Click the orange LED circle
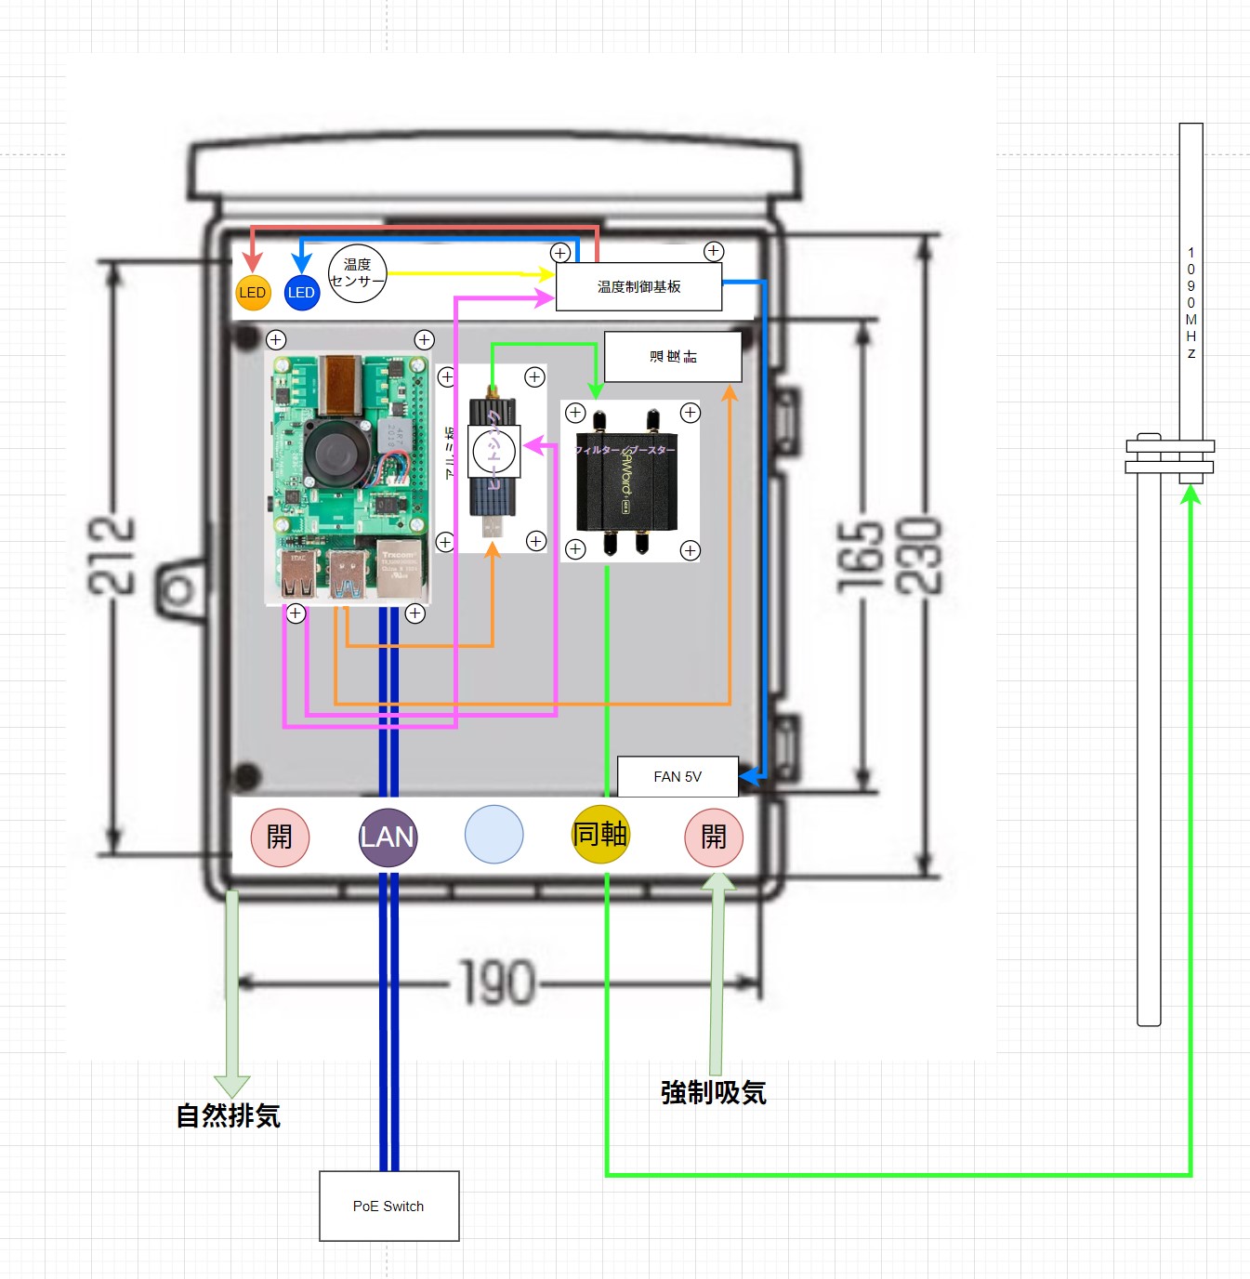coord(252,293)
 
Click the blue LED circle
coord(301,293)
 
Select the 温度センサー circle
coord(357,273)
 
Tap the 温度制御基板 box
coord(638,287)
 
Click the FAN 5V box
coord(678,777)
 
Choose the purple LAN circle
coord(388,837)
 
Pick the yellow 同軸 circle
coord(600,835)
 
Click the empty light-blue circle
coord(493,835)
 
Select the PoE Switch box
coord(388,1206)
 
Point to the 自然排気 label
coord(229,1115)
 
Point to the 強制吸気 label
coord(714,1092)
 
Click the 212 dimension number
coord(112,555)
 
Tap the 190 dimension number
coord(498,983)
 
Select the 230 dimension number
coord(918,557)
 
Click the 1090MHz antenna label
coord(1191,303)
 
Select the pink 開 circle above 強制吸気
coord(714,837)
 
